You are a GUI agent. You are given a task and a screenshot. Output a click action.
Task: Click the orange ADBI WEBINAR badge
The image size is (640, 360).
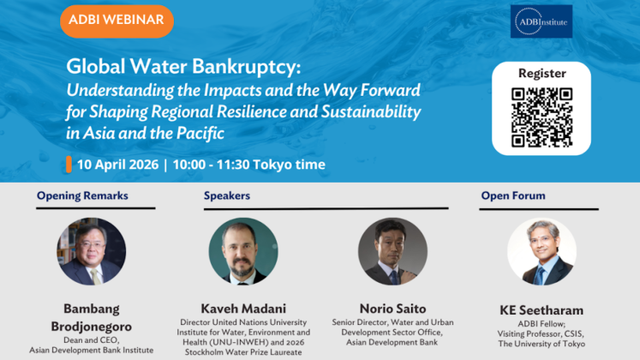coord(117,21)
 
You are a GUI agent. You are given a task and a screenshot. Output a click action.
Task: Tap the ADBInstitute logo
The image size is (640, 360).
coord(541,21)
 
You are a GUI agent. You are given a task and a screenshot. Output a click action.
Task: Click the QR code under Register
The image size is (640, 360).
coord(541,117)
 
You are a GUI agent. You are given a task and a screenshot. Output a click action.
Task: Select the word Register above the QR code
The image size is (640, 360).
coord(542,74)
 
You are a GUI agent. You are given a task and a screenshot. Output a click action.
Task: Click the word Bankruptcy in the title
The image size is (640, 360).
coord(247,67)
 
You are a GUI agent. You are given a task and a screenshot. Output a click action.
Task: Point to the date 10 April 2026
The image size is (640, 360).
coord(117,165)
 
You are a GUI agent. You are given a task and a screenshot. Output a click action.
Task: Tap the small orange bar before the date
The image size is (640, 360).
coord(69,165)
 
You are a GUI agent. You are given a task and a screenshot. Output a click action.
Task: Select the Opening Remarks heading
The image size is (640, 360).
coord(82,196)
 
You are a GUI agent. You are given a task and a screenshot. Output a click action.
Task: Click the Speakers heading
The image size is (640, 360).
coord(227,196)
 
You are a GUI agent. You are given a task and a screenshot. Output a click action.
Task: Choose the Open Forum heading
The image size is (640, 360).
coord(513,196)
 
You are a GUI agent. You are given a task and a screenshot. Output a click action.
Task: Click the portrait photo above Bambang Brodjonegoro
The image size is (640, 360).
coord(91,251)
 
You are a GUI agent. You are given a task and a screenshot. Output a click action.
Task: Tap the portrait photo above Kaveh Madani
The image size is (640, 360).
coord(243,251)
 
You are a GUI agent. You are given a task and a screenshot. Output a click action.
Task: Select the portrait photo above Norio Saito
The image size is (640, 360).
coord(392,251)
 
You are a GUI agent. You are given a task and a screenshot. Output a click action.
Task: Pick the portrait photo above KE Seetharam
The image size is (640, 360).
coord(541,251)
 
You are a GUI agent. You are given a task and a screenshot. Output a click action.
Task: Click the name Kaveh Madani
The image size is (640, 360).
coord(243,309)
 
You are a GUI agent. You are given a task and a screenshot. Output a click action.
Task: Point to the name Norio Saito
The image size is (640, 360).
coord(392,309)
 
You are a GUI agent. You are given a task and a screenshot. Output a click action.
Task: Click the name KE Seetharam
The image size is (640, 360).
coord(541,310)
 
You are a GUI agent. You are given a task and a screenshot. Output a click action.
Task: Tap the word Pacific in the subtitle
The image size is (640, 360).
coord(200,134)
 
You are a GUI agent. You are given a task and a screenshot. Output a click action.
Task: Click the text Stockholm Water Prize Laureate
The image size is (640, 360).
coord(243,352)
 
